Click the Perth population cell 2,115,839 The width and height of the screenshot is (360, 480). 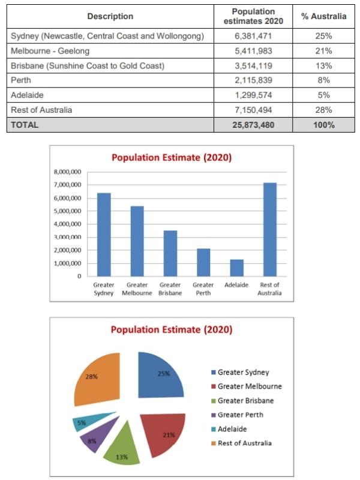[x=253, y=80]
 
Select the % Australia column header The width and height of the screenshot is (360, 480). [x=323, y=16]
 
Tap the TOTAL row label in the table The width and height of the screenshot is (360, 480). [x=25, y=125]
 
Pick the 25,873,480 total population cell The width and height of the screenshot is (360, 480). [x=253, y=125]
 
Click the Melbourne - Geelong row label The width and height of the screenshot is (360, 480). [x=50, y=51]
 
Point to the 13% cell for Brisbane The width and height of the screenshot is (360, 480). [x=323, y=66]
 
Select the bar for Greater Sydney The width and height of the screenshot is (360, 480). [x=104, y=235]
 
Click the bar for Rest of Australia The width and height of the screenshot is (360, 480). [x=269, y=230]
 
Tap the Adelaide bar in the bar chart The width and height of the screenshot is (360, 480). [x=236, y=268]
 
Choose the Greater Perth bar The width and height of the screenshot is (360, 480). [x=203, y=263]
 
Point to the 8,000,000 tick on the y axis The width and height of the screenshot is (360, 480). [x=68, y=172]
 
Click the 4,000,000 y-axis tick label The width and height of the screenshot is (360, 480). [x=68, y=224]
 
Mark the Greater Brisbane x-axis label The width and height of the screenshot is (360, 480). [x=170, y=289]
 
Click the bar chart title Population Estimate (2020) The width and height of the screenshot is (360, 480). [x=172, y=158]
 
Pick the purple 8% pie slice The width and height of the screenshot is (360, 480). [x=97, y=434]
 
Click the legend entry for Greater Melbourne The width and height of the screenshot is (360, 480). [x=247, y=386]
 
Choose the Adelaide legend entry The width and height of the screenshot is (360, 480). [x=229, y=429]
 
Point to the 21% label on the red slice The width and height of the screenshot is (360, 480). [x=169, y=435]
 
